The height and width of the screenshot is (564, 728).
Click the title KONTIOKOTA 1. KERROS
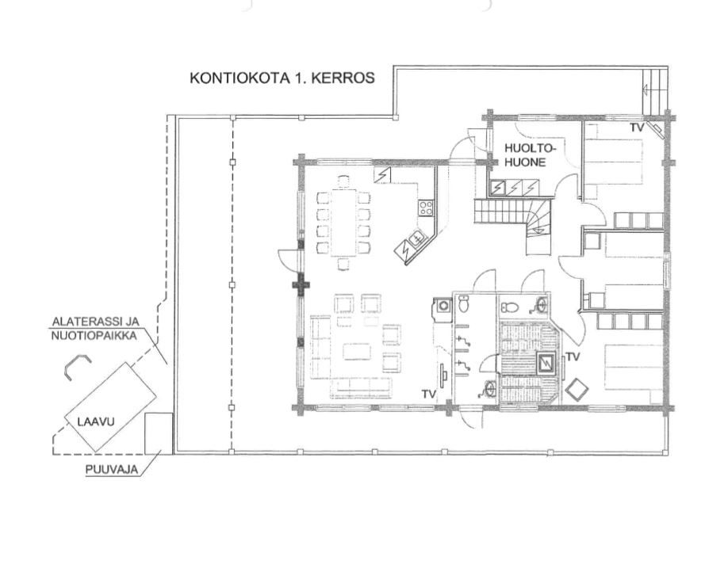(x=282, y=78)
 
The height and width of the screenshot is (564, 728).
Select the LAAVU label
(x=96, y=422)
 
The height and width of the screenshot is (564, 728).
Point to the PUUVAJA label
(x=112, y=470)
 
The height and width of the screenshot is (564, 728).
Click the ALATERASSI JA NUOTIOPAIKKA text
(x=95, y=329)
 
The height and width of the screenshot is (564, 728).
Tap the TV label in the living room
(x=429, y=394)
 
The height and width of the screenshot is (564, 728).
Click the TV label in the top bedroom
(x=637, y=128)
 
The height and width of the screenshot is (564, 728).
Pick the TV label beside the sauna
(x=573, y=356)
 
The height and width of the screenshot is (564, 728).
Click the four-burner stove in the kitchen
(x=426, y=208)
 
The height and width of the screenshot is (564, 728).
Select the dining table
(x=343, y=223)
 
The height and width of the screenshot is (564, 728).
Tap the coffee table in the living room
(x=357, y=351)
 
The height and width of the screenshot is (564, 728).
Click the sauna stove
(x=546, y=362)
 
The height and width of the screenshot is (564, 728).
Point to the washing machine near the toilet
(x=443, y=306)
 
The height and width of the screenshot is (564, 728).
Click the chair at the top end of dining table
(x=343, y=181)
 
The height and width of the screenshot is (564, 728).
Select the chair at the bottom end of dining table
(x=343, y=264)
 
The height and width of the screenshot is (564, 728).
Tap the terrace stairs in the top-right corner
(x=655, y=91)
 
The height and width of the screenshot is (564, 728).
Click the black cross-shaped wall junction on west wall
(x=301, y=285)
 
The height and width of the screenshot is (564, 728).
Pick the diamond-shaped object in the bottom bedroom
(x=577, y=389)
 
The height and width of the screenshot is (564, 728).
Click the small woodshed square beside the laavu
(x=159, y=433)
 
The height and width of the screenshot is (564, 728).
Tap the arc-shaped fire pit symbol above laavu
(x=77, y=364)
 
